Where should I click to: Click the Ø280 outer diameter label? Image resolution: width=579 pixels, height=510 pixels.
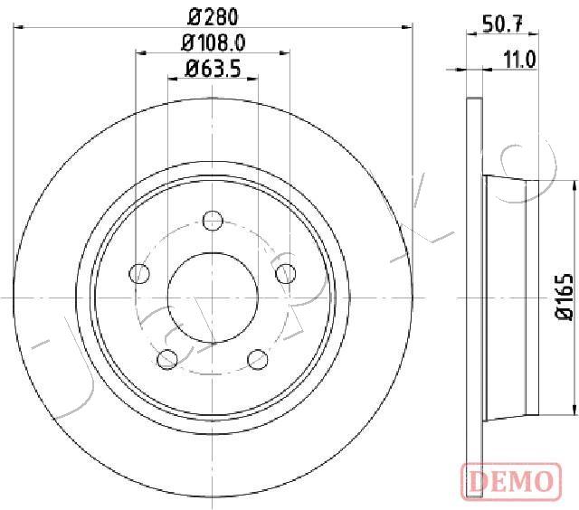(x=213, y=16)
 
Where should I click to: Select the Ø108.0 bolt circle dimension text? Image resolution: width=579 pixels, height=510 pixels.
(x=214, y=42)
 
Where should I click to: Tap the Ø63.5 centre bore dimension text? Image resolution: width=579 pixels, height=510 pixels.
(x=214, y=69)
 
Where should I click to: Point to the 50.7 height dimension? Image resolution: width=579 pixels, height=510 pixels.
(x=503, y=24)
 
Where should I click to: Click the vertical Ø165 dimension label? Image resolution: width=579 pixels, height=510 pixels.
(x=564, y=296)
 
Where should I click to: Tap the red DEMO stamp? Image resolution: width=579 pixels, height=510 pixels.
(x=511, y=482)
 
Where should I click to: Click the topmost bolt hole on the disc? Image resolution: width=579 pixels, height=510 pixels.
(x=213, y=221)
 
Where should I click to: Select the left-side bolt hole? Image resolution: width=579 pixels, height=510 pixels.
(x=139, y=274)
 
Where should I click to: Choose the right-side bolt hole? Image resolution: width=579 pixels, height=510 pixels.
(x=286, y=274)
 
